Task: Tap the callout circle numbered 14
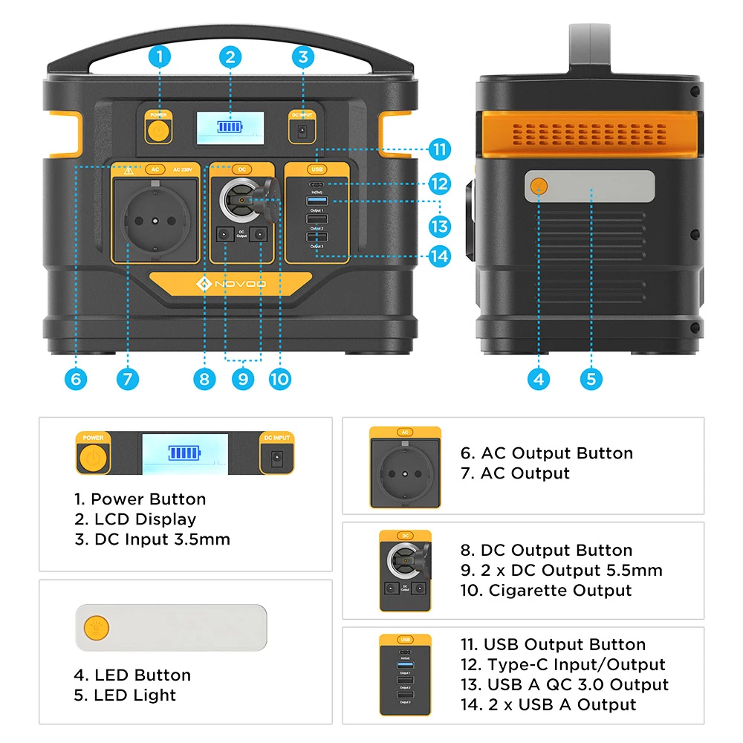440,256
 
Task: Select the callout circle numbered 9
242,379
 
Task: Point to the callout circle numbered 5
591,379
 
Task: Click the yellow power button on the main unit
157,131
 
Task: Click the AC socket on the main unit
155,221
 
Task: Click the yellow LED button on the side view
539,186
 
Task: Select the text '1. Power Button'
140,499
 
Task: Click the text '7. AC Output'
515,473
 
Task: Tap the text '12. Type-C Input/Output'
562,664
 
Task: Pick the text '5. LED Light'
126,695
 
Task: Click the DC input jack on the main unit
302,132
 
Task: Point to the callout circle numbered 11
440,149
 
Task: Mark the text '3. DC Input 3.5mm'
152,539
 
